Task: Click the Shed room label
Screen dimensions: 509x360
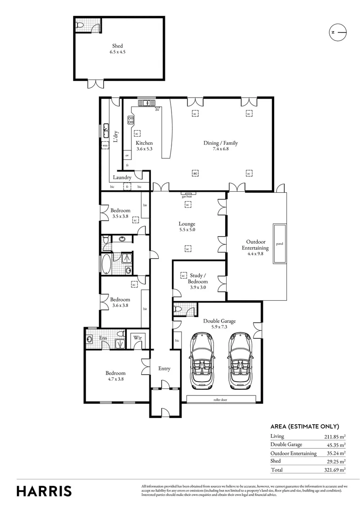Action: coord(117,46)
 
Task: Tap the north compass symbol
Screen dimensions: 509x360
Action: coord(337,32)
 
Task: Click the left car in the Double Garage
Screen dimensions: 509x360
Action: coord(203,361)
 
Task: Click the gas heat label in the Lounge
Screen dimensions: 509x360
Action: coord(188,197)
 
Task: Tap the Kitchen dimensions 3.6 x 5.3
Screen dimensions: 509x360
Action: coord(145,149)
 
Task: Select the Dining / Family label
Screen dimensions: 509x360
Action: coord(221,143)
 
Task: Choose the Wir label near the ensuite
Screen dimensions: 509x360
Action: coord(137,338)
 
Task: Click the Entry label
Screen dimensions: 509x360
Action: coord(164,369)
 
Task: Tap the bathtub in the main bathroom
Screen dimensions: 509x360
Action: coord(107,264)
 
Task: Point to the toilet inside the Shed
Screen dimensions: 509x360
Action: coord(80,25)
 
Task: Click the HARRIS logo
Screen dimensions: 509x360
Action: coord(44,491)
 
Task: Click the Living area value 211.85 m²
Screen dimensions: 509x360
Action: coord(334,436)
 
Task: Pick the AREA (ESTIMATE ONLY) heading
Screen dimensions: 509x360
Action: coord(304,426)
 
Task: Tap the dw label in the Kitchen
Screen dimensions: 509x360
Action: coord(157,110)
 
